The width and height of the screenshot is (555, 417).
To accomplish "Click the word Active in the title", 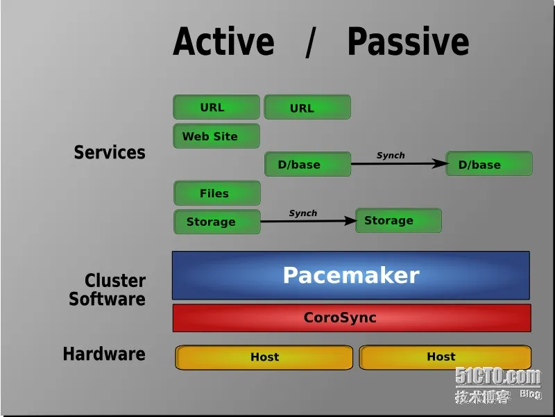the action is (223, 41).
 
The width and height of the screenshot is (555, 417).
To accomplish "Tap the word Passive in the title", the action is (409, 41).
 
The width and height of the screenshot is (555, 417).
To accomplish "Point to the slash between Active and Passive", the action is (310, 42).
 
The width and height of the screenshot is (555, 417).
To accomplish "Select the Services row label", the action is (110, 152).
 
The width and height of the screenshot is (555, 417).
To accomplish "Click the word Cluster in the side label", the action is (115, 281).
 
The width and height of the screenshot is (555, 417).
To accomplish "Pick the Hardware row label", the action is (104, 354).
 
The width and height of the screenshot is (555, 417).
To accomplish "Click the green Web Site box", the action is (216, 136).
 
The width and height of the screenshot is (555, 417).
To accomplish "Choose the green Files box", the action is (217, 193).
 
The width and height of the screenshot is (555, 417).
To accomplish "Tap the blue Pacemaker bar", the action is (351, 275).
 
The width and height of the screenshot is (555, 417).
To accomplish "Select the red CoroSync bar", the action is (352, 318).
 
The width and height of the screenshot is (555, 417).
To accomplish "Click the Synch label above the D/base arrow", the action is (391, 155).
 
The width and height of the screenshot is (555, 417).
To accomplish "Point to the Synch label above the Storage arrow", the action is (303, 213).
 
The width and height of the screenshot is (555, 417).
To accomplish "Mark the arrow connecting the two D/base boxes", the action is (400, 163).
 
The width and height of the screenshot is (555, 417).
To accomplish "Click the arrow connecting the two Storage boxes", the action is (308, 221).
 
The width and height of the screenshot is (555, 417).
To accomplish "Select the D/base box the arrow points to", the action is (489, 163).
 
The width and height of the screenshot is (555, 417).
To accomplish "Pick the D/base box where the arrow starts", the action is (307, 164).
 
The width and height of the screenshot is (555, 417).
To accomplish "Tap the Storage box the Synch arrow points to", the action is (398, 220).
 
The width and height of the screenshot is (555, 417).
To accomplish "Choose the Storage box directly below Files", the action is (217, 222).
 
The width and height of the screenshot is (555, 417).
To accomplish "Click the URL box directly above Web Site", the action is (216, 107).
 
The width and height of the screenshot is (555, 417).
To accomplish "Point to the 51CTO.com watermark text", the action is (498, 377).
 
